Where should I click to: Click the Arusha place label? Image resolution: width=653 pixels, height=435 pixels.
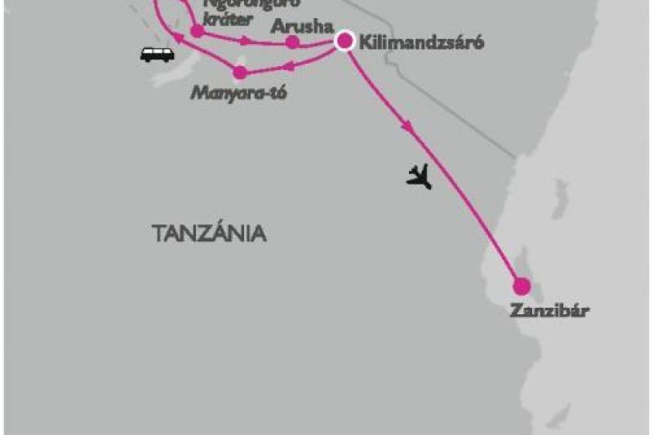[298, 25]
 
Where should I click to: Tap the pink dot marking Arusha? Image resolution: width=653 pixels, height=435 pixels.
[293, 42]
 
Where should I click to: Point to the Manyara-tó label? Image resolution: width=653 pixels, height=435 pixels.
[238, 91]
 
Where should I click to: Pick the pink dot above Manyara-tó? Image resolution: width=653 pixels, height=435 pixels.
[239, 72]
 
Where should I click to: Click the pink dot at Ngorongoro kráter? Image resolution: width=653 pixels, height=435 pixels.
[197, 31]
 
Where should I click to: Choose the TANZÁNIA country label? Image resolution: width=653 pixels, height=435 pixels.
[209, 233]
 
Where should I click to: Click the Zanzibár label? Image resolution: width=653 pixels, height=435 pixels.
[549, 310]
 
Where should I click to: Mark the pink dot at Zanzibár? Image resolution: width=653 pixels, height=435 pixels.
[522, 286]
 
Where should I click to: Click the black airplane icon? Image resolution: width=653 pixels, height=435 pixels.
[419, 175]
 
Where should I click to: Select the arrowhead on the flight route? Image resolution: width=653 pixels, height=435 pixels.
[406, 127]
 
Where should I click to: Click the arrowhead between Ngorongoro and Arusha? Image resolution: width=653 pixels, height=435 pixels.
[247, 41]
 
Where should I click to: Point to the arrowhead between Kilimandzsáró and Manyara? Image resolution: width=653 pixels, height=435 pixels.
[292, 64]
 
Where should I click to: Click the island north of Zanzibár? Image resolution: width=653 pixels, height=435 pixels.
[562, 197]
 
